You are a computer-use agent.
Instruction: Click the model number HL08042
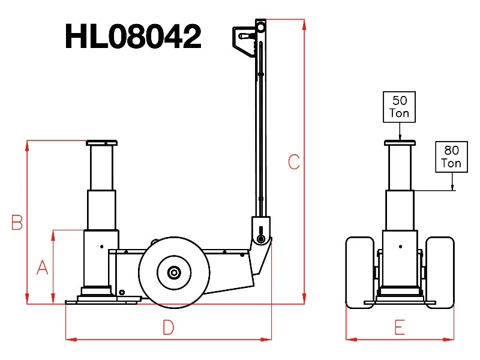click(x=133, y=37)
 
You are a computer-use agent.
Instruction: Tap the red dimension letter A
click(x=42, y=267)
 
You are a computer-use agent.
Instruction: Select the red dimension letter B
click(x=17, y=223)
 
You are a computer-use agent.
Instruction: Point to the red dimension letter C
click(x=294, y=162)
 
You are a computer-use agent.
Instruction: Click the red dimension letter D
click(x=169, y=327)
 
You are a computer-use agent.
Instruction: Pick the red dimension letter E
click(x=400, y=327)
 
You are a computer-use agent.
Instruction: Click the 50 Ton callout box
click(x=399, y=107)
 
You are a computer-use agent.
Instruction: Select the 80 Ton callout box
click(x=452, y=157)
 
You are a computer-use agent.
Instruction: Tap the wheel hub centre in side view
click(x=174, y=272)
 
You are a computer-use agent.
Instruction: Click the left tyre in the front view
click(x=360, y=272)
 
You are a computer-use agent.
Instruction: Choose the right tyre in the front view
click(x=440, y=272)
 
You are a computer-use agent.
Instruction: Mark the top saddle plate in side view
click(x=101, y=143)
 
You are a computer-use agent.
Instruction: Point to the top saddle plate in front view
click(x=400, y=143)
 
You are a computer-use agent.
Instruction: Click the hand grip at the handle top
click(x=244, y=37)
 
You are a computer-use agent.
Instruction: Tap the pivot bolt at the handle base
click(x=261, y=238)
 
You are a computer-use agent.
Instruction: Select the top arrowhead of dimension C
click(x=304, y=25)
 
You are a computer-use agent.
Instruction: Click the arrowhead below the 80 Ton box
click(x=452, y=187)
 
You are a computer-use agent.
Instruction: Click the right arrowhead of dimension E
click(x=448, y=339)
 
